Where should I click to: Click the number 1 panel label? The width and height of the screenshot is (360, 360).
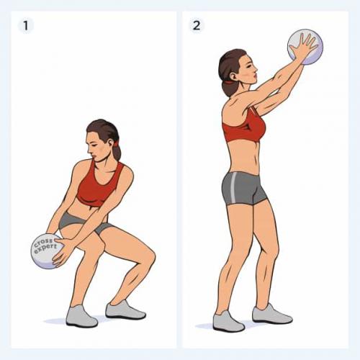(x=26, y=26)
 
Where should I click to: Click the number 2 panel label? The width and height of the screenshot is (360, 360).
(x=197, y=25)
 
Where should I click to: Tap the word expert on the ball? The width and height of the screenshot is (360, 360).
(x=45, y=248)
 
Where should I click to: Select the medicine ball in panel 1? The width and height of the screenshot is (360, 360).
(x=45, y=251)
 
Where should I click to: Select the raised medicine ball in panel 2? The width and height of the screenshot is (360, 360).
(x=305, y=47)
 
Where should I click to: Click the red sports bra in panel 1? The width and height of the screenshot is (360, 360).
(x=99, y=185)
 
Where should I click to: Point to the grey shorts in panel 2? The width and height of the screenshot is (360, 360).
(x=243, y=189)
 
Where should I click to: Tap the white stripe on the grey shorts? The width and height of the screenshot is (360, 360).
(x=233, y=188)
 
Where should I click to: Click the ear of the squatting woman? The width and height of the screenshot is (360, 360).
(x=109, y=143)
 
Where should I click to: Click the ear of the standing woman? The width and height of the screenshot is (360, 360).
(x=233, y=76)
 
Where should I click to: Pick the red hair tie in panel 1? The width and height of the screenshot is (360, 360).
(x=117, y=144)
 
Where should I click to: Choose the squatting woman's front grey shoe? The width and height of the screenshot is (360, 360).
(x=81, y=316)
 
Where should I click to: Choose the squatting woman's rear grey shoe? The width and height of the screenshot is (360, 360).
(x=125, y=311)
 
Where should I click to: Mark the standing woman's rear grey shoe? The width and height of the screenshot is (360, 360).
(x=272, y=314)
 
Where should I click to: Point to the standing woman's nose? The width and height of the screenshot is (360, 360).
(x=255, y=69)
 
